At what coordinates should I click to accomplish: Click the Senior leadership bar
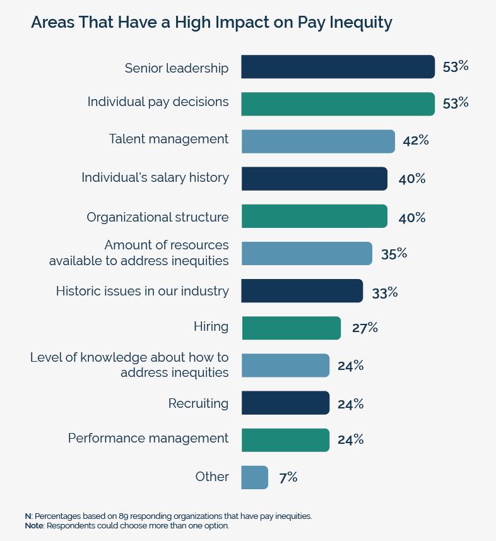338,67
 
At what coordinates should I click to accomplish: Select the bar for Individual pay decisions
338,104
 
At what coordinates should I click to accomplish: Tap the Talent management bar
318,141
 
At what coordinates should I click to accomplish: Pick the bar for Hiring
291,328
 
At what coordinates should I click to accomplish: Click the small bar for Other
254,477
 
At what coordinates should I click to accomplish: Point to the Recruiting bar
285,403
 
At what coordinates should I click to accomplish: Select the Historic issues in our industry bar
302,291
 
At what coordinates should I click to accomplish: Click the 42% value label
415,140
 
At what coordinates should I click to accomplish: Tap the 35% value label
394,253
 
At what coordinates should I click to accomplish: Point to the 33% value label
384,292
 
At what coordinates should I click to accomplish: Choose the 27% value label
365,327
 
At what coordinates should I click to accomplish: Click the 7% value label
288,477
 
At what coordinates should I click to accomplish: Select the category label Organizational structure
158,217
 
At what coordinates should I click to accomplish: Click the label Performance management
148,438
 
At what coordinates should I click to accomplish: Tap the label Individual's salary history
155,177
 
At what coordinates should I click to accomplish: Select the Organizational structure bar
314,216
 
